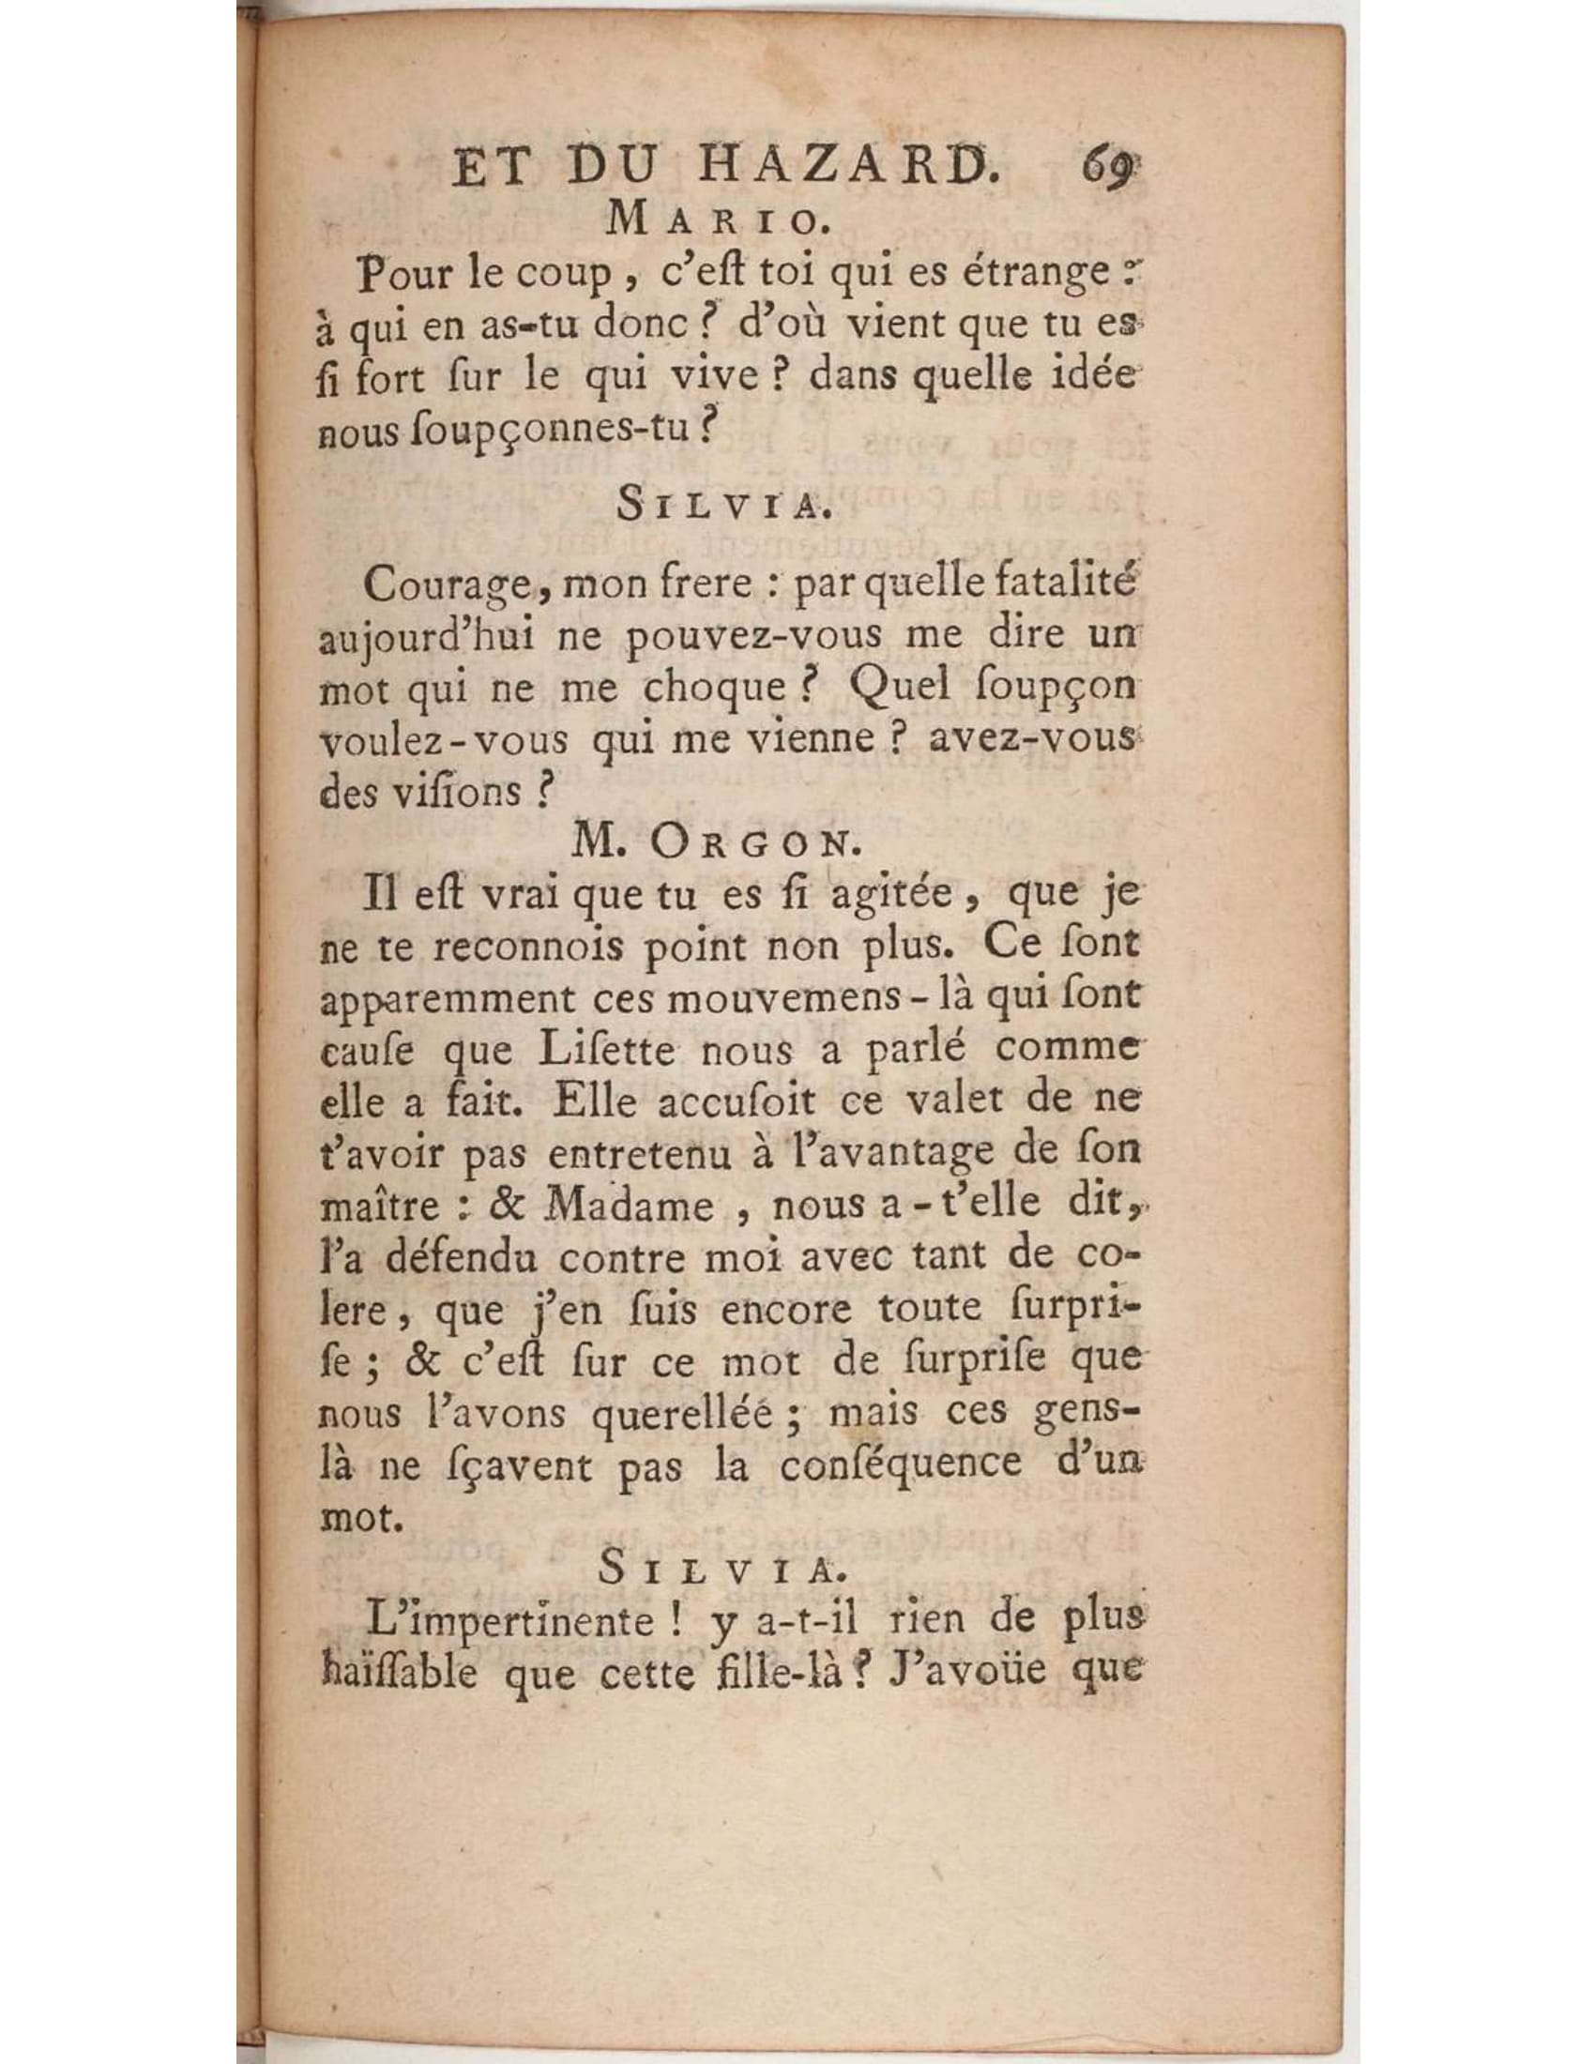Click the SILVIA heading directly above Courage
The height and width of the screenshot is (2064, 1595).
tap(717, 507)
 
